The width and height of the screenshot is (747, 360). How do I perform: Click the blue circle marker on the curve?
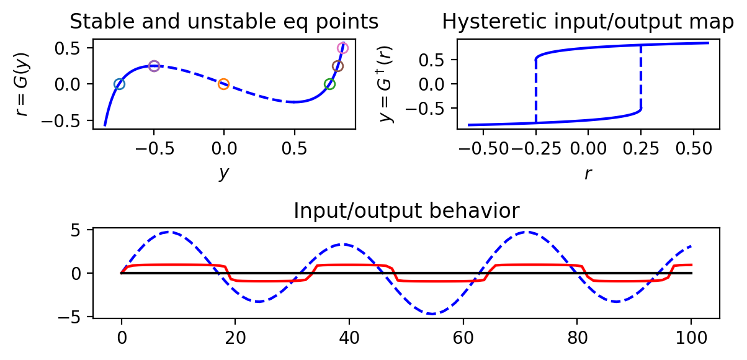point(119,84)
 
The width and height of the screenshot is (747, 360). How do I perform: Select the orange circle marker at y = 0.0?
point(223,84)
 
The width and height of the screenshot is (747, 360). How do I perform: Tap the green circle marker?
point(329,84)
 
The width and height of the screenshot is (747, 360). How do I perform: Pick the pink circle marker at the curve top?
point(342,48)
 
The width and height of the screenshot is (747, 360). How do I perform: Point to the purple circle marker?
point(154,66)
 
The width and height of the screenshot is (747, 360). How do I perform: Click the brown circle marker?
point(338,66)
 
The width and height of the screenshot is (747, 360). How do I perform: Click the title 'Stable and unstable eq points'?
point(224,22)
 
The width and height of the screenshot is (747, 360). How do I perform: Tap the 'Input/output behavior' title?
point(406,211)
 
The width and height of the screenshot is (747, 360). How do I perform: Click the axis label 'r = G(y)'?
point(22,84)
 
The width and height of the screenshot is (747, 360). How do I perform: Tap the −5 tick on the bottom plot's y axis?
point(76,317)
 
